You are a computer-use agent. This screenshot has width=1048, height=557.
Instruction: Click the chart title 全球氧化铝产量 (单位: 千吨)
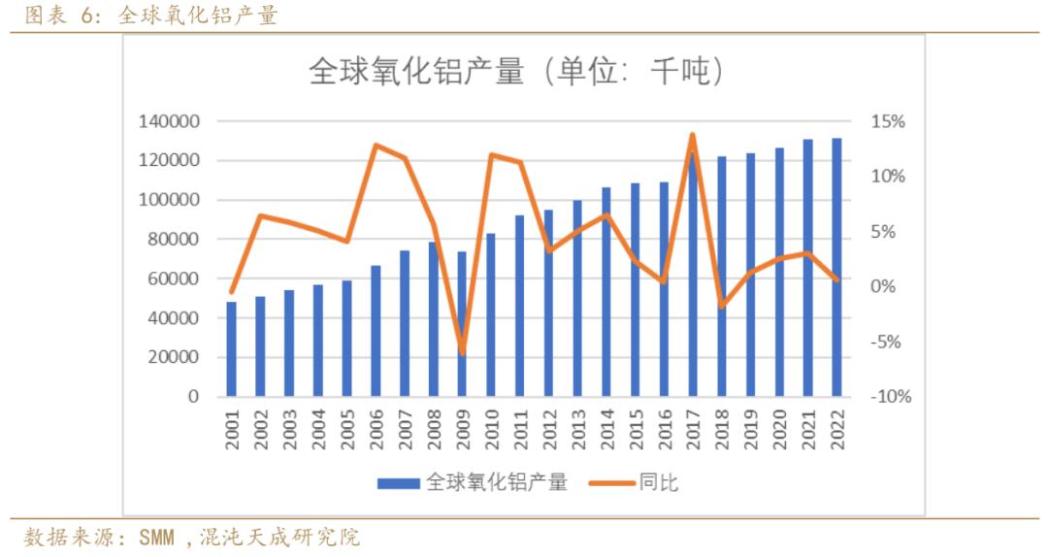tap(515, 72)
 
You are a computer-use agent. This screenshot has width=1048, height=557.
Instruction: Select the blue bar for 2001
tap(232, 349)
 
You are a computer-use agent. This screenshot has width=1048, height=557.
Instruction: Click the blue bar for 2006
tap(376, 330)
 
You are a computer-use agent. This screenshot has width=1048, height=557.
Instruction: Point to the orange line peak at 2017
tap(693, 135)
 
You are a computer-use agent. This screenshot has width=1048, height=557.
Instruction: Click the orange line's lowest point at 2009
tap(462, 351)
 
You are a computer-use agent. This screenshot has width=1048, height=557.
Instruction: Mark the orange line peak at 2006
tap(376, 146)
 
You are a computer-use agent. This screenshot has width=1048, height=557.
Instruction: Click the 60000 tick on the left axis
tap(173, 279)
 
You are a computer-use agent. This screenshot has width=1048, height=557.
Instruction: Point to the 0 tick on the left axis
tap(193, 397)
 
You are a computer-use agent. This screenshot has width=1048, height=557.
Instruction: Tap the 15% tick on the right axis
tap(888, 122)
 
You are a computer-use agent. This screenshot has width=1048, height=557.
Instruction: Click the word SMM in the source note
tap(161, 537)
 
